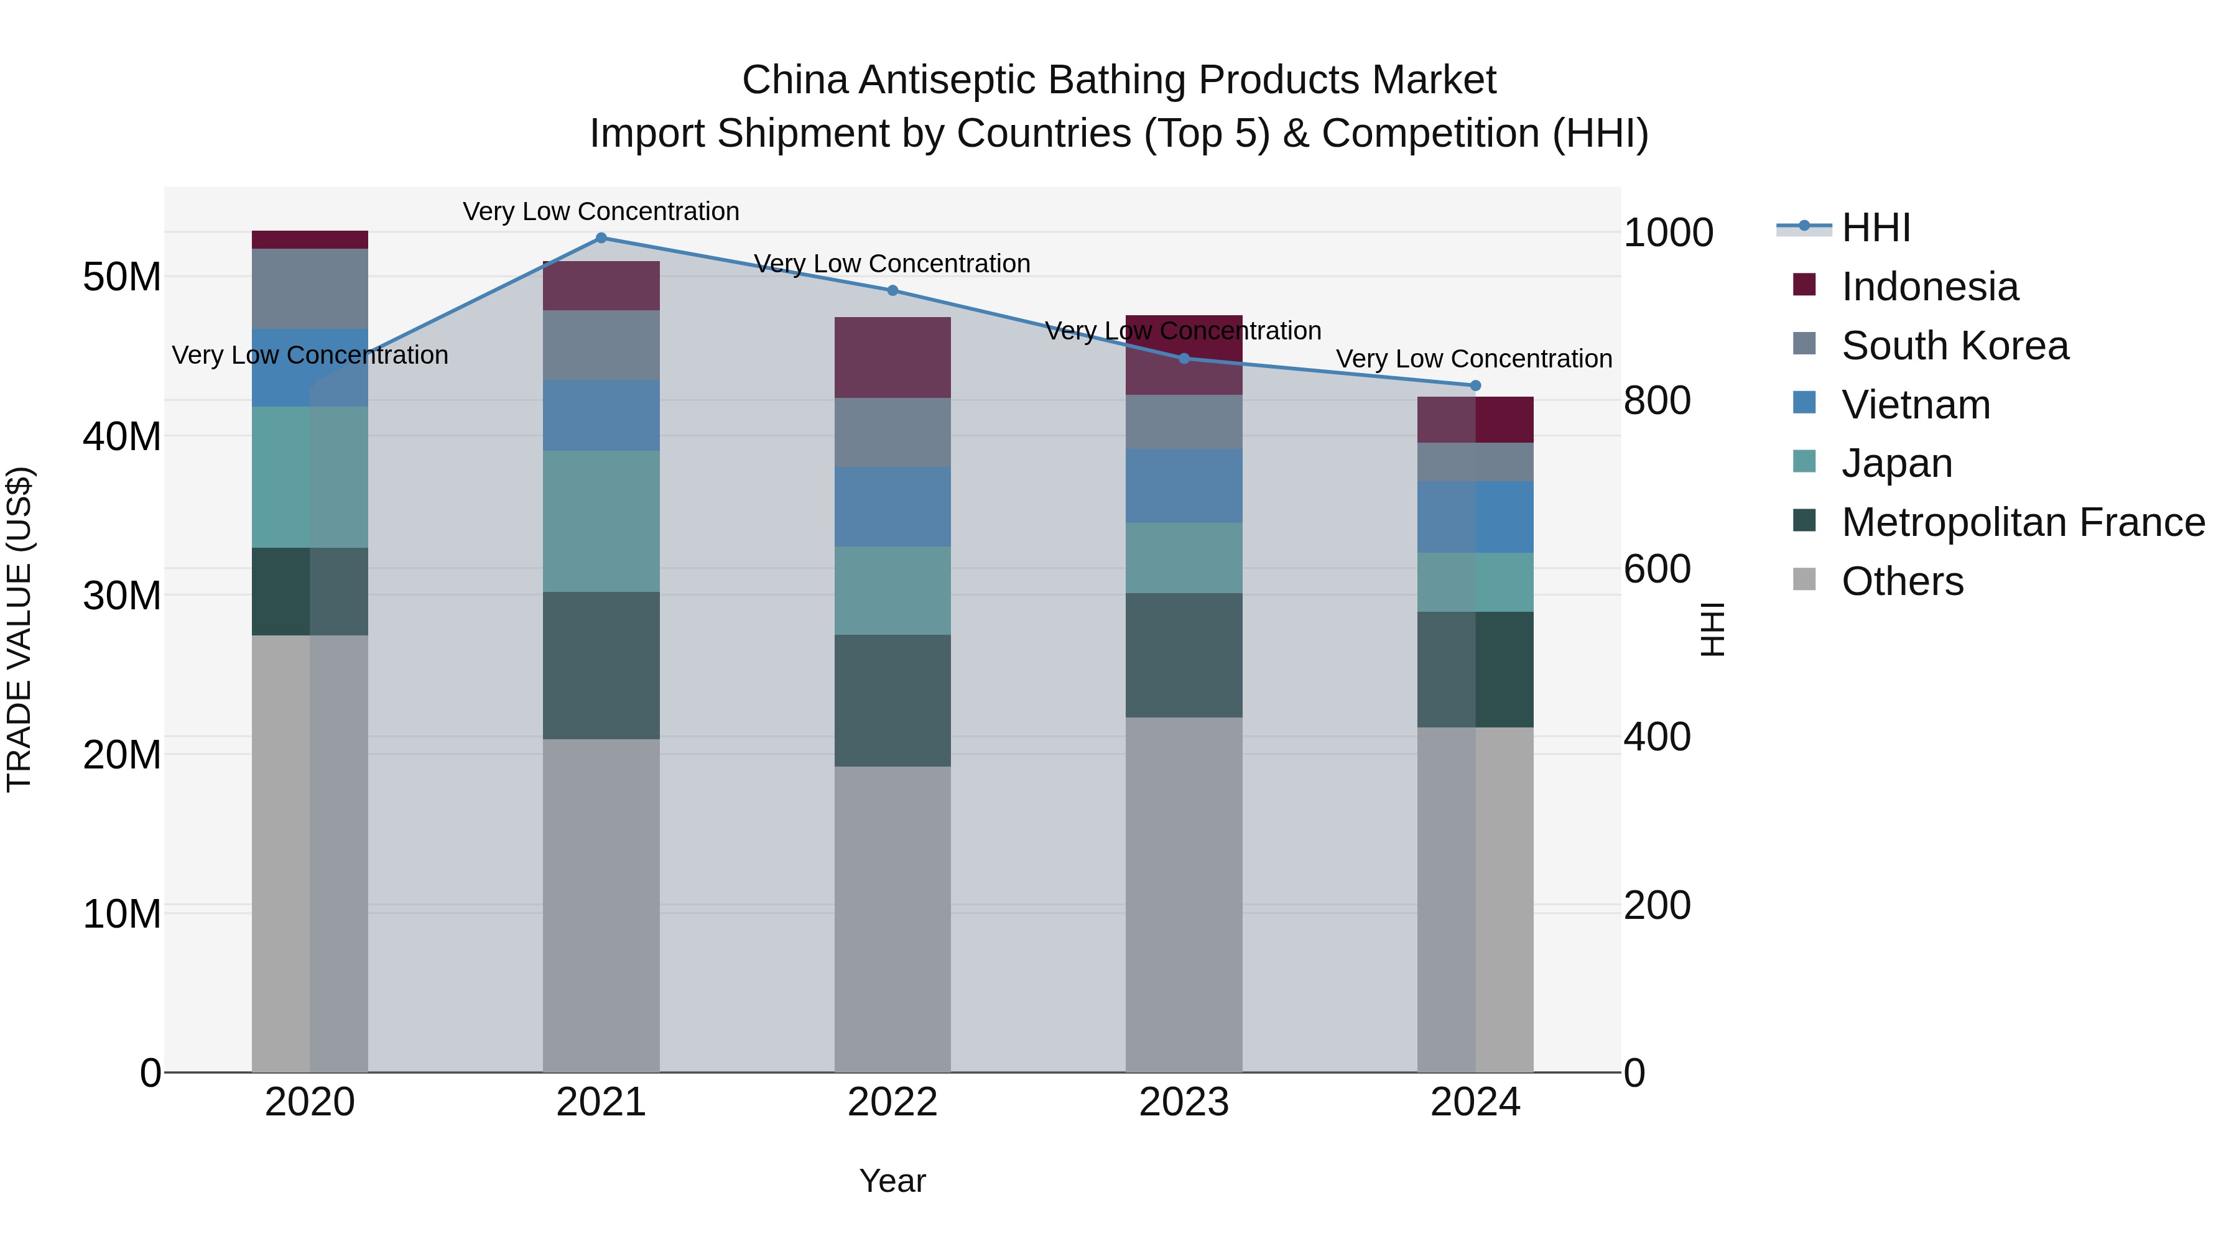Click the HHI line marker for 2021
tap(601, 238)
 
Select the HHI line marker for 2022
tap(892, 290)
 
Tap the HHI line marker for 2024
tap(1475, 385)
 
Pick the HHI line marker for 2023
tap(1184, 358)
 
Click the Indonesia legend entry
tap(1929, 287)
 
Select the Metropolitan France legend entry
tap(2023, 522)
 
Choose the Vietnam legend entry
tap(1915, 405)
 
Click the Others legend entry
tap(1902, 581)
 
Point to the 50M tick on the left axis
tap(122, 277)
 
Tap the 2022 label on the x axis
tap(892, 1102)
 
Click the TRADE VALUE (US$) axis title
tap(19, 629)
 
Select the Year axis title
tap(892, 1181)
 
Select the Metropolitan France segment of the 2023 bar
tap(1184, 655)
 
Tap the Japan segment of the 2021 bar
tap(601, 522)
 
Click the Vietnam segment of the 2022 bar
tap(892, 507)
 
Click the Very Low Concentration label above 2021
tap(601, 211)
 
